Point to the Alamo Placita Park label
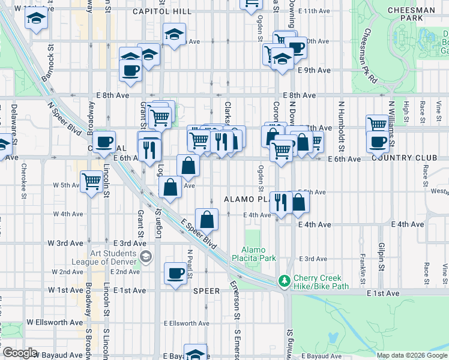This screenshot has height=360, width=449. tap(258, 254)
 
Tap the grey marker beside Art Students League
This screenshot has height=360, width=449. tap(145, 257)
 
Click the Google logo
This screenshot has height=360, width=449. tap(20, 353)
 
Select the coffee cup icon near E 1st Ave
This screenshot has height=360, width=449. tap(176, 273)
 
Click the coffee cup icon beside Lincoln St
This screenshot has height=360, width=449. tap(104, 142)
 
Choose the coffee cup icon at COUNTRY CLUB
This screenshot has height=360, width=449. tap(378, 142)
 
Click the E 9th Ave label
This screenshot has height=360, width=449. tap(315, 70)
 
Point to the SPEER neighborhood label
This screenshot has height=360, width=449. tap(207, 290)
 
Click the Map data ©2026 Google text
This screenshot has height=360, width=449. tap(411, 355)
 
